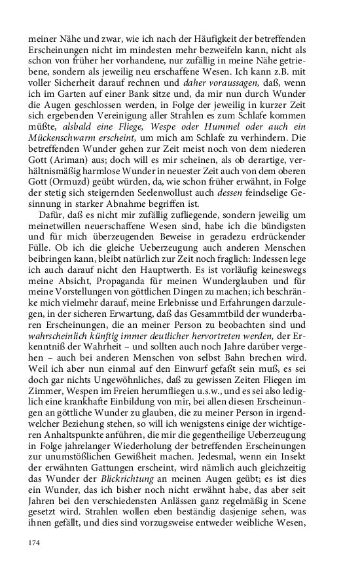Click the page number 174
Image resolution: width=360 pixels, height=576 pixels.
pyautogui.click(x=35, y=543)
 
